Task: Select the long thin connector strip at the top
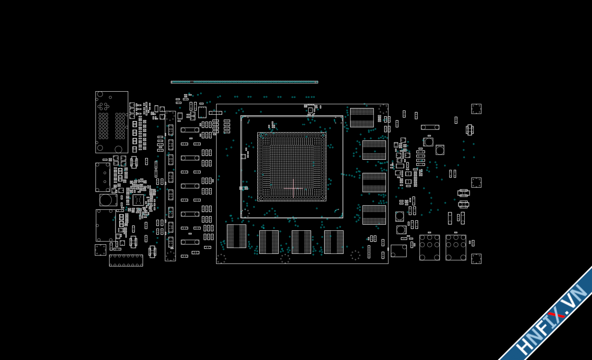244,82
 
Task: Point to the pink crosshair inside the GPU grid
293,188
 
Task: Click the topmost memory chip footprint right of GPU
362,118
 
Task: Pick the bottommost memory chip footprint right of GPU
374,215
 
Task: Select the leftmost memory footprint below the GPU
236,236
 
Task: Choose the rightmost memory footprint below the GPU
334,242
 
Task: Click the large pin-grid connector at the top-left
111,122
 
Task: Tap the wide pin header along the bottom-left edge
126,260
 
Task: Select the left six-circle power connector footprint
429,247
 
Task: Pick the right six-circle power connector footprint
456,247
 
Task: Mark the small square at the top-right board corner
476,108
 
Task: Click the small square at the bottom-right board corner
476,259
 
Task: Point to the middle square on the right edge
476,182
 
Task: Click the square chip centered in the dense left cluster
138,200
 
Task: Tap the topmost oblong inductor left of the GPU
190,130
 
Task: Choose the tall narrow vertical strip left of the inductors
170,186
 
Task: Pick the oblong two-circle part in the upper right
430,127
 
